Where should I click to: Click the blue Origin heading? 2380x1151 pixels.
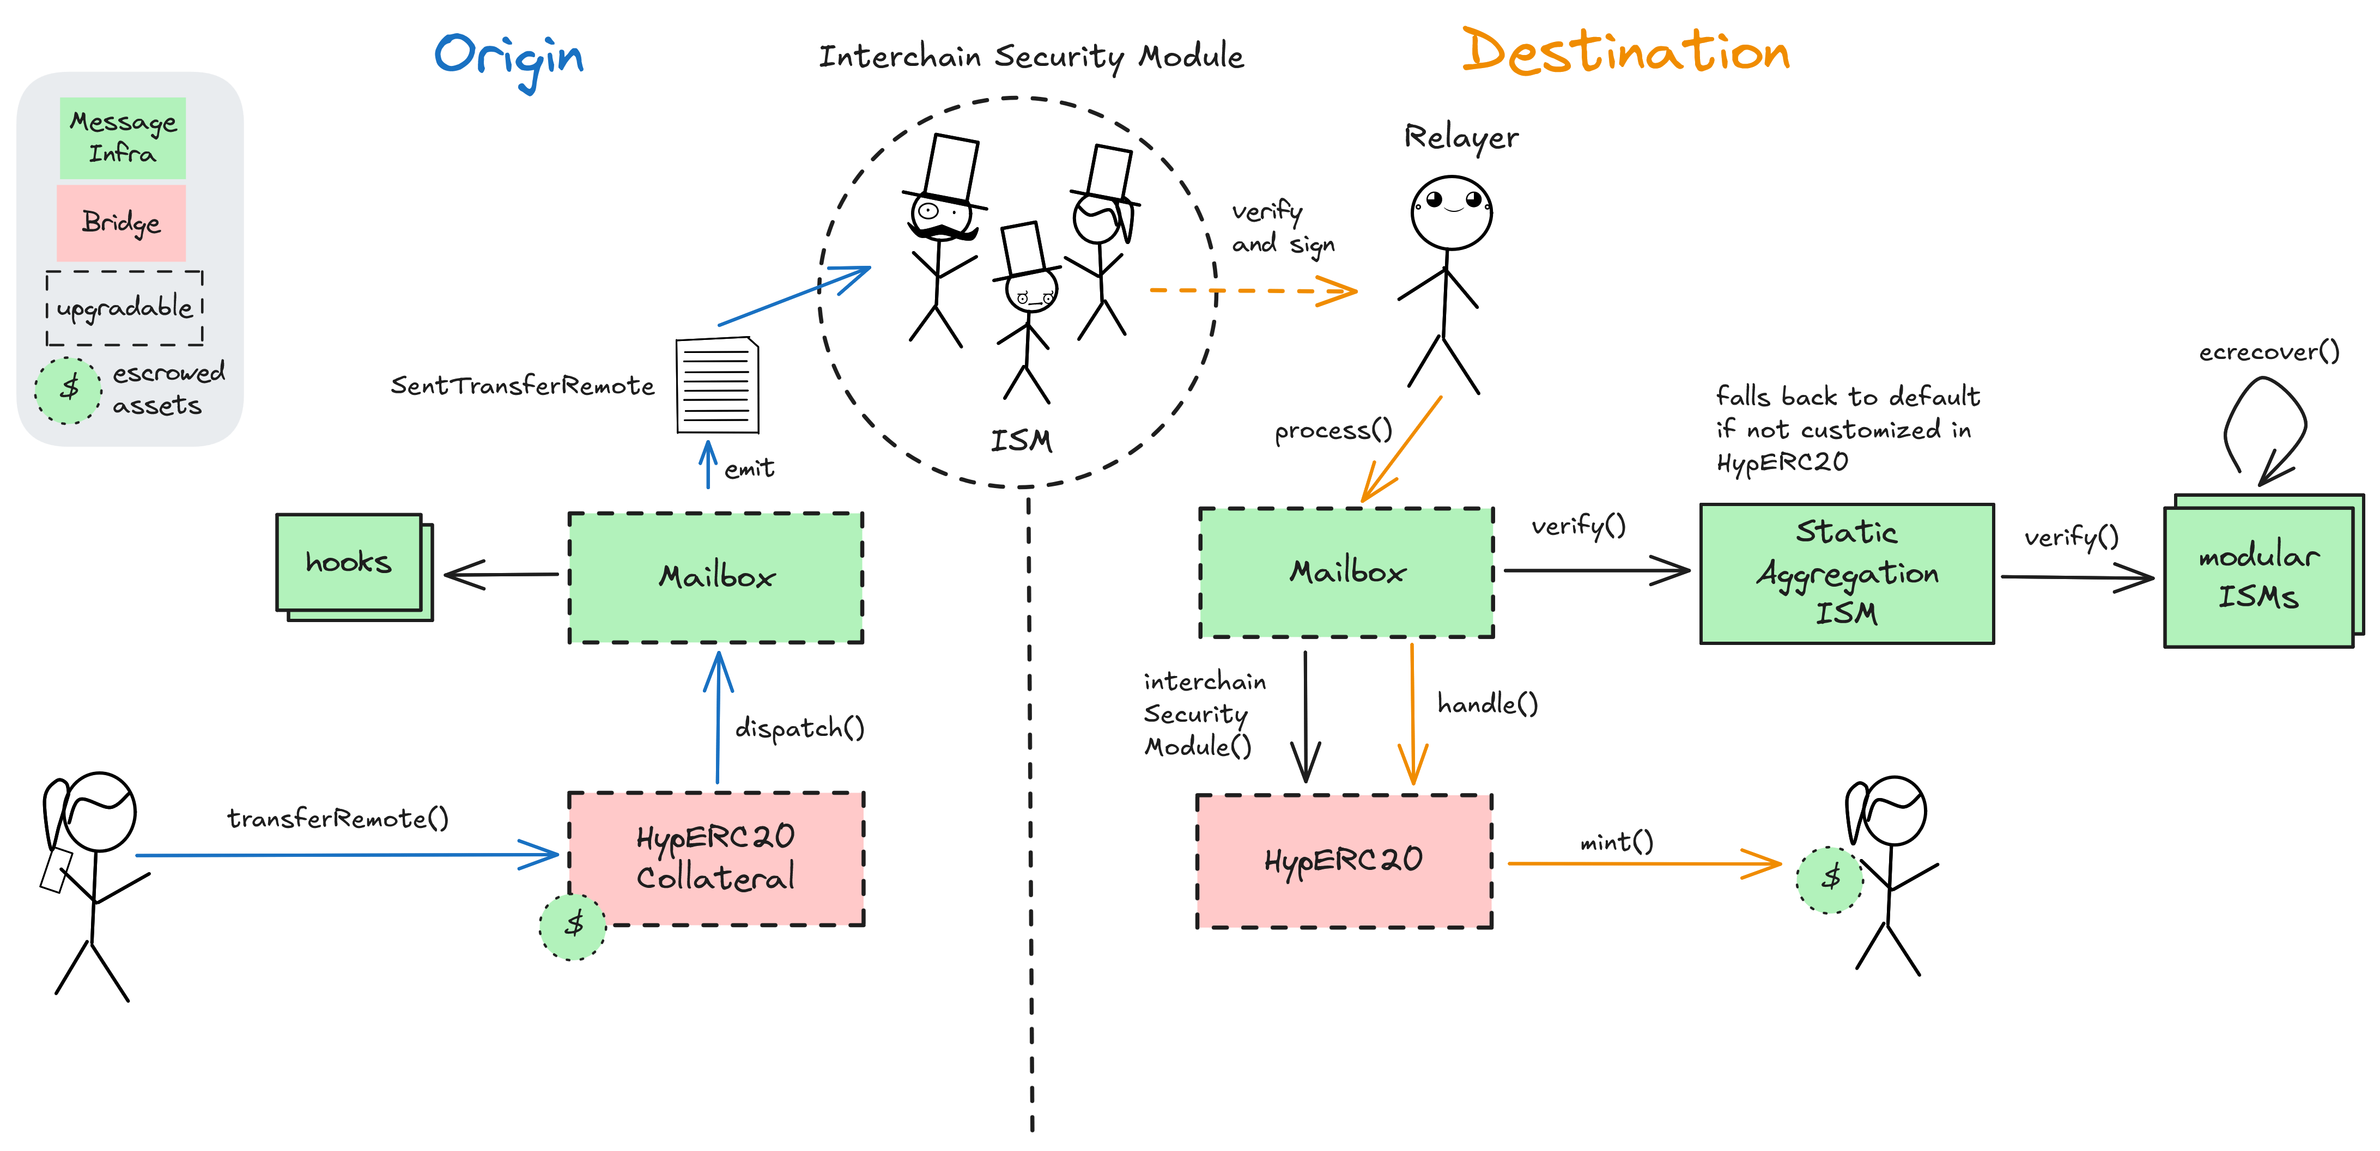509,57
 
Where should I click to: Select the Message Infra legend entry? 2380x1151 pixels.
123,138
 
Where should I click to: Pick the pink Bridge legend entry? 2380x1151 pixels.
121,223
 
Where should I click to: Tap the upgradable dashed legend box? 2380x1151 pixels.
125,308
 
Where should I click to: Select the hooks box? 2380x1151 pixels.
349,563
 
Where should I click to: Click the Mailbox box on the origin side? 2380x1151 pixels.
716,577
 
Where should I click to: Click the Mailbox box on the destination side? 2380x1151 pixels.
1346,573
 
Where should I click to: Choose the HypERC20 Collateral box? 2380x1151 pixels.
716,858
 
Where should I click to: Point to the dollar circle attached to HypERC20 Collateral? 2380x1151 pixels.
573,925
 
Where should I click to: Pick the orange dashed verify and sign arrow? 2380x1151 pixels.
1252,291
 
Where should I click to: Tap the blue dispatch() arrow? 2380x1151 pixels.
718,721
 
